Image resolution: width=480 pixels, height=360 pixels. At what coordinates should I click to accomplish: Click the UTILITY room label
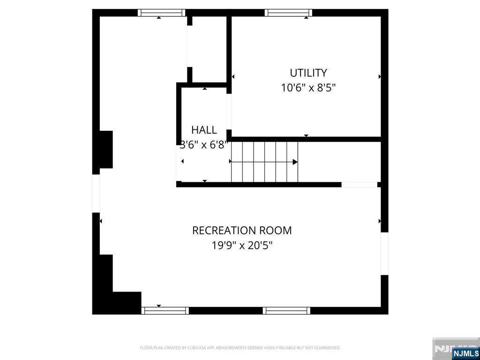click(308, 73)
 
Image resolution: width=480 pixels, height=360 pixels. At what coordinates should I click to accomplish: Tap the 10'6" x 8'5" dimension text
click(308, 88)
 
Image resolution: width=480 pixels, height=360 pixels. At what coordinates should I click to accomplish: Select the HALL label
click(204, 130)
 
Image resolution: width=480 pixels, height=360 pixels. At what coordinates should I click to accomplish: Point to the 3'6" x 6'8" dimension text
click(204, 144)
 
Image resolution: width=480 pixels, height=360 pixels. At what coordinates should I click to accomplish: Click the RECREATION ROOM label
click(242, 231)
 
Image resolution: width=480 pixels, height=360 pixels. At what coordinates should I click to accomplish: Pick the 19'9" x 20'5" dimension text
click(242, 245)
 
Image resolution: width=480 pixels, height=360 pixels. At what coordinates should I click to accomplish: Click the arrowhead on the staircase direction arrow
click(295, 162)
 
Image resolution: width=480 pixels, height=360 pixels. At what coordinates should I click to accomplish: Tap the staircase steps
click(264, 162)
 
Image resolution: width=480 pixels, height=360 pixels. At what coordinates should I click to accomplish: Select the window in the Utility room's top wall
click(288, 13)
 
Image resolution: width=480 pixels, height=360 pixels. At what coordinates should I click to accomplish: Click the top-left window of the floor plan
click(162, 13)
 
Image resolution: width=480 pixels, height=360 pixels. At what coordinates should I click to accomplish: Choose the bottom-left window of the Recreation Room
click(165, 310)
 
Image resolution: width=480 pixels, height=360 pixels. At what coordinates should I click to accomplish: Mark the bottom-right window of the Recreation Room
click(286, 310)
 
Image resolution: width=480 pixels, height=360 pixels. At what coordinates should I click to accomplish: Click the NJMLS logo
click(465, 353)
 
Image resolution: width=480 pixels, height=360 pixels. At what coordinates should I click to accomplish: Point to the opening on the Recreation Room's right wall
click(384, 254)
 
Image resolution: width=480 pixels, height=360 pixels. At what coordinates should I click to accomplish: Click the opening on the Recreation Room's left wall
click(96, 193)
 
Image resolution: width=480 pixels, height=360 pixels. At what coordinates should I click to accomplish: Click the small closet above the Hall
click(209, 49)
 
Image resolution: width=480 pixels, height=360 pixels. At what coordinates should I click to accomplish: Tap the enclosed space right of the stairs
click(338, 162)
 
